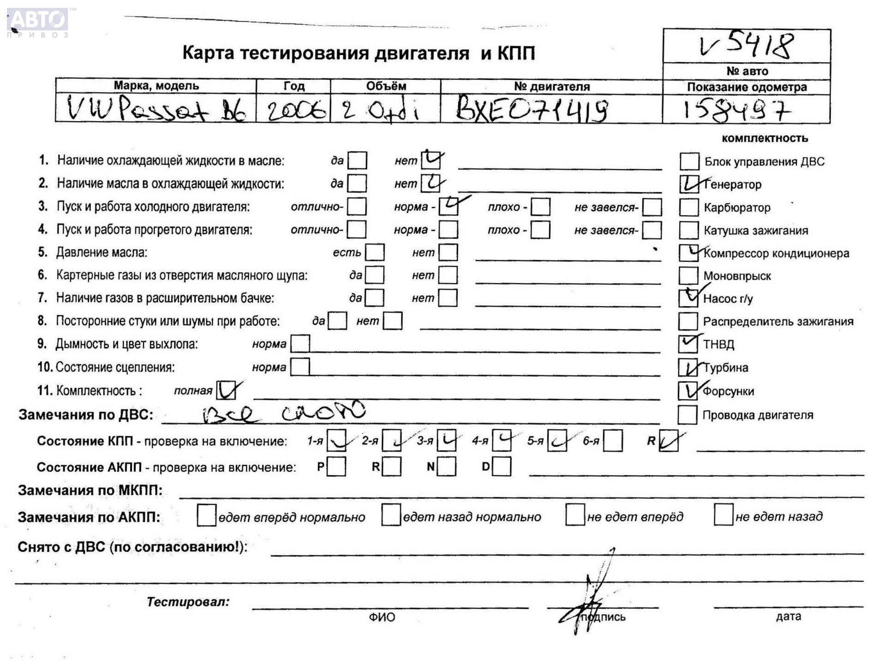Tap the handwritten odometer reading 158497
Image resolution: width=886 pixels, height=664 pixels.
736,111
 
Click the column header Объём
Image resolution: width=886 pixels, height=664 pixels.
386,86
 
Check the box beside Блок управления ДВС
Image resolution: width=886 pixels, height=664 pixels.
689,161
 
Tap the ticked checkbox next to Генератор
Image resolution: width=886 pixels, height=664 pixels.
689,184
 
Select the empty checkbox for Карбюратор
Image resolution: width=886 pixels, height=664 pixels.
689,207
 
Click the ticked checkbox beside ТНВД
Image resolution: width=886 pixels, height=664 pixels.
688,344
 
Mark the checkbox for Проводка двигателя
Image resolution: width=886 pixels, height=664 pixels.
687,415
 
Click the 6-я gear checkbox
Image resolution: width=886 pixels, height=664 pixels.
613,441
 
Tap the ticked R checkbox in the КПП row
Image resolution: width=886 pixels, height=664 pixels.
669,441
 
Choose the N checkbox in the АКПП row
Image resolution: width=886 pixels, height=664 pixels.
447,467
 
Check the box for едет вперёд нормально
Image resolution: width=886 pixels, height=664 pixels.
206,516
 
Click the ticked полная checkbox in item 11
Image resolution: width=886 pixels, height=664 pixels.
226,390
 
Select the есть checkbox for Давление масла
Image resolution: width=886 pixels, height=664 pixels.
375,252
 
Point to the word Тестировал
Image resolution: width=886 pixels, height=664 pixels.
188,602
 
